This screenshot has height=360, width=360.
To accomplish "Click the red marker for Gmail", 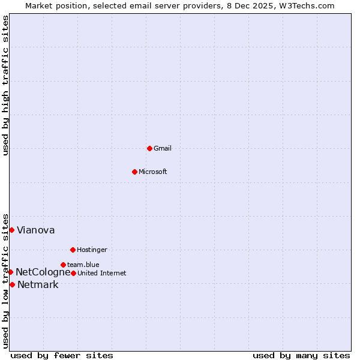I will (x=149, y=148).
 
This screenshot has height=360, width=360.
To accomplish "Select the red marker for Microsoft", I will (x=134, y=172).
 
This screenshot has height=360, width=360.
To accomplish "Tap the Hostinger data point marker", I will (x=73, y=250).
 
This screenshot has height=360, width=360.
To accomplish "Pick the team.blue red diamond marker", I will (x=63, y=265).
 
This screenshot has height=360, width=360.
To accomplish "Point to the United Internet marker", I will (x=73, y=273).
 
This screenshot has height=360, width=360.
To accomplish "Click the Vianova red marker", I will (x=11, y=230).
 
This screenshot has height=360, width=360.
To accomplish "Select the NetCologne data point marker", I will (x=10, y=272).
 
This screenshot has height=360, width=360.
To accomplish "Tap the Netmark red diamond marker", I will (x=12, y=284).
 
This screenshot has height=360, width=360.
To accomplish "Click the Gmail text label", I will (x=163, y=148).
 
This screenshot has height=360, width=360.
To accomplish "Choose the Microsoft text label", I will (x=153, y=172).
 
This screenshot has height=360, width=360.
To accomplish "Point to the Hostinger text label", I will (x=92, y=250).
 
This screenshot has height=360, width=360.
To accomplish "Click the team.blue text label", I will (x=83, y=265).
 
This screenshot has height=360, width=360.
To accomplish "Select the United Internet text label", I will (x=102, y=273).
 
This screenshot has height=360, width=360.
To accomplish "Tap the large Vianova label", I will (x=36, y=230).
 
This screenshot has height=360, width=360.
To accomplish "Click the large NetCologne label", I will (x=43, y=272).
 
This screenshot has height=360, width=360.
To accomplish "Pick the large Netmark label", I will (x=38, y=284).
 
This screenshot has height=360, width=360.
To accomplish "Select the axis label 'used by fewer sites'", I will (x=62, y=355).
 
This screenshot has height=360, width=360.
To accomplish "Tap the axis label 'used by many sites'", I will (x=301, y=355).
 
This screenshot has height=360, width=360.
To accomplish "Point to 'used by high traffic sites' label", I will (x=5, y=85).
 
